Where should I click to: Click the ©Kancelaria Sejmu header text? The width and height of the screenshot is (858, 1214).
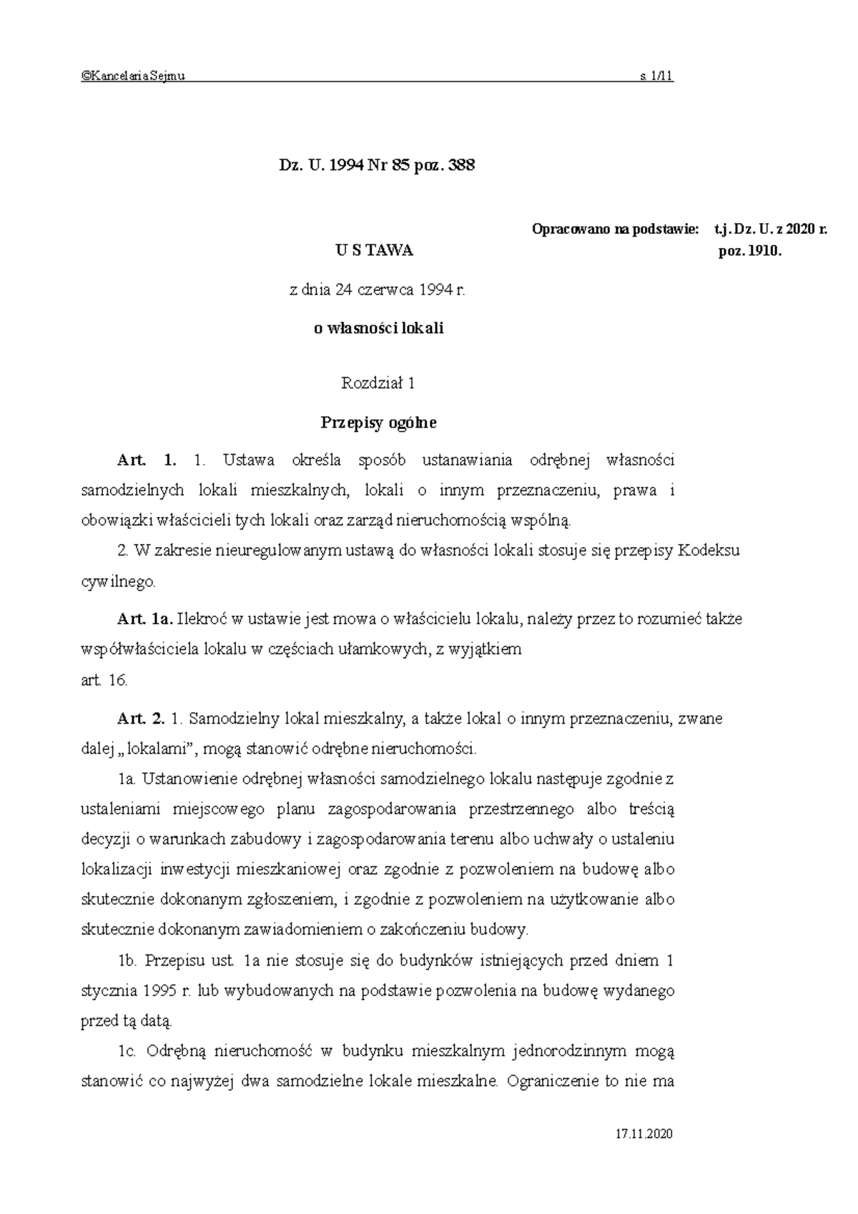(133, 77)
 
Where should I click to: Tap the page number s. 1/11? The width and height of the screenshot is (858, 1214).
(656, 77)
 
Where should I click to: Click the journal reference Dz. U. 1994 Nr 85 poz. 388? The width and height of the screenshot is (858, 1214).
(377, 166)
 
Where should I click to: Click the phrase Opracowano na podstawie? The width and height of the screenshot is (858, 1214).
(615, 230)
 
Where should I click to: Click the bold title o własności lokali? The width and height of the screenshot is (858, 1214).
(379, 329)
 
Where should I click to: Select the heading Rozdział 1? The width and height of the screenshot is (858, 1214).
(378, 383)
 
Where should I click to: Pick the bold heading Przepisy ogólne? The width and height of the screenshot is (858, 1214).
(378, 423)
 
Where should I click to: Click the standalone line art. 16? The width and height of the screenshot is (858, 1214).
(104, 681)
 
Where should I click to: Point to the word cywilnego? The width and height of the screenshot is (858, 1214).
(117, 582)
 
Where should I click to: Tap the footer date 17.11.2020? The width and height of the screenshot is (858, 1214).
(644, 1135)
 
